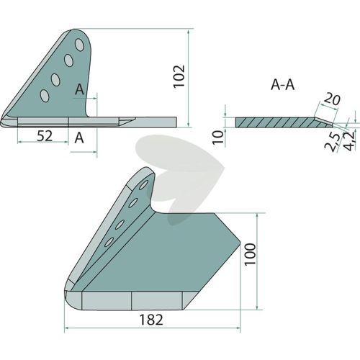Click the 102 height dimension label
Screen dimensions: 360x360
(x=179, y=76)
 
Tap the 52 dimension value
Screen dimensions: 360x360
(x=45, y=136)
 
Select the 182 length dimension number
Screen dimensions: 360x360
(x=151, y=320)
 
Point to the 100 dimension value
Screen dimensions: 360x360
(x=250, y=254)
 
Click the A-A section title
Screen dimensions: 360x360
(x=282, y=85)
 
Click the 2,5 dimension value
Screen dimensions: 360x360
(x=333, y=143)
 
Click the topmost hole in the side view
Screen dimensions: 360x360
(x=79, y=45)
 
